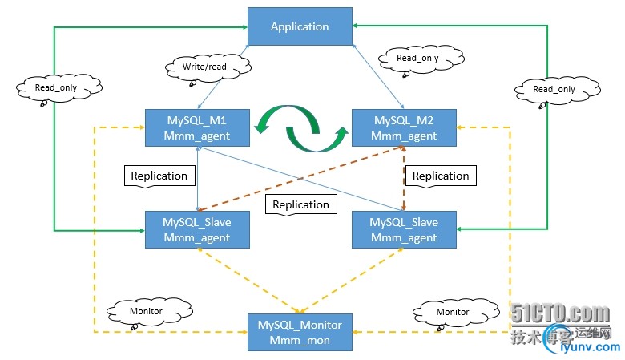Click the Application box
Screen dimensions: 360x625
pos(300,26)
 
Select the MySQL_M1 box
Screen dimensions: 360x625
pos(197,127)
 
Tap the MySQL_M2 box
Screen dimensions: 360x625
pos(405,127)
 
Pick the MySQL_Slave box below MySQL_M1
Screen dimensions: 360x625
pos(197,229)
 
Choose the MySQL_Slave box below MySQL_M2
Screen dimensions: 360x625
pos(405,229)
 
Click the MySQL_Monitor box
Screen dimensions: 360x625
pos(300,332)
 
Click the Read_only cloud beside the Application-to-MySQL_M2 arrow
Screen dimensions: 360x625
pos(418,59)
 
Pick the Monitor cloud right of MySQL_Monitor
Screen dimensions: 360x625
pos(452,312)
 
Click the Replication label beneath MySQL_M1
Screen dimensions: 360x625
pos(159,176)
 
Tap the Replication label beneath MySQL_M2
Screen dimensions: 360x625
pos(440,176)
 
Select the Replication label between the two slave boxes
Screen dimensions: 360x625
pos(300,204)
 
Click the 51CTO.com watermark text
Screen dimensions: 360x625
pos(561,315)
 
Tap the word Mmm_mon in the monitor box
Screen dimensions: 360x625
pos(300,339)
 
